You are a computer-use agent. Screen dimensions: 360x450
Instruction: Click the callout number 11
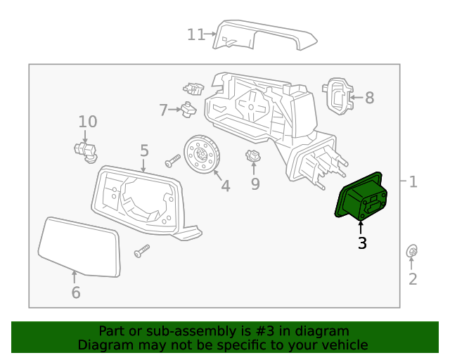point(195,34)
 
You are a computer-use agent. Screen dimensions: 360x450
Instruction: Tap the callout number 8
point(369,98)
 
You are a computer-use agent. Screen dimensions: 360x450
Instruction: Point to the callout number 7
point(163,110)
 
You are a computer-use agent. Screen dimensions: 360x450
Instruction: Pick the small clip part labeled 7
point(188,109)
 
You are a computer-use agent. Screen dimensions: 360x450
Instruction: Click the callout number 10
point(87,122)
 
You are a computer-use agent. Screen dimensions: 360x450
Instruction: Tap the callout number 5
point(144,150)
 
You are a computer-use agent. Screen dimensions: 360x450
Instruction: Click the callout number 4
point(225,186)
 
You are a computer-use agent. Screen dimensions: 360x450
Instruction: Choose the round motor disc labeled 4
point(202,153)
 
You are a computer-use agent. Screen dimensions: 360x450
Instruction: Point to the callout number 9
point(255,184)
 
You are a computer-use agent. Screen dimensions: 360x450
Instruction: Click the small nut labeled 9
point(253,157)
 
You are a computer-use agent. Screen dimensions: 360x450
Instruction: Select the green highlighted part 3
point(360,197)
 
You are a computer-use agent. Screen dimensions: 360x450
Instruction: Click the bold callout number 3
point(361,244)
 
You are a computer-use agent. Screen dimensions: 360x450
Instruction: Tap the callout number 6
point(75,292)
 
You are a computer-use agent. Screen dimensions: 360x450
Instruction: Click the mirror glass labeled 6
point(79,246)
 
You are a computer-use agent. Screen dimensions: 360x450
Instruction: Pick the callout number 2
point(413,279)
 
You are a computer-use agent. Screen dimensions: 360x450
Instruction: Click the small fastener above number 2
point(413,251)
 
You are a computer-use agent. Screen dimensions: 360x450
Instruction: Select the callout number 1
point(413,182)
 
